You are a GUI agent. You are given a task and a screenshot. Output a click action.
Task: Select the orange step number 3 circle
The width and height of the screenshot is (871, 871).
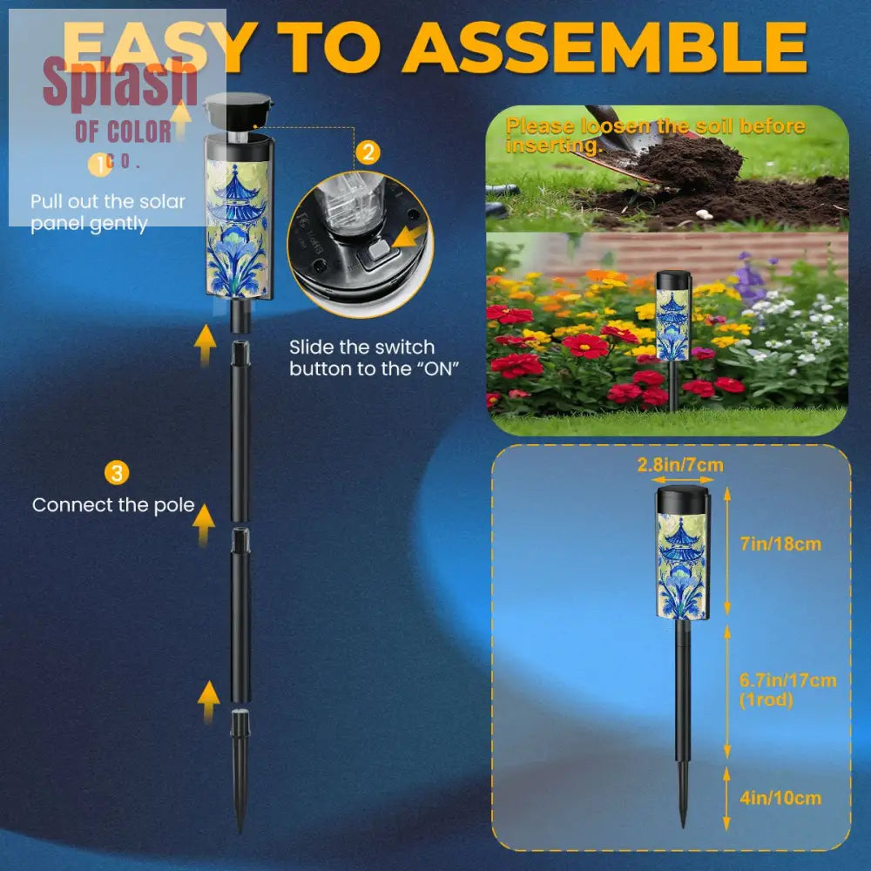[x=117, y=473]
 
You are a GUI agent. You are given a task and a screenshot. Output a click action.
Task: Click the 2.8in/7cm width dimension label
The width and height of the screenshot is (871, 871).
[x=680, y=464]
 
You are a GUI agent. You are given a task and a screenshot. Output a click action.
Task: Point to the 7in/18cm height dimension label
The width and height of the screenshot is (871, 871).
[x=780, y=544]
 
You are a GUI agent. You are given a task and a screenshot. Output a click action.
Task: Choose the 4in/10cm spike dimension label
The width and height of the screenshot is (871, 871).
[x=780, y=798]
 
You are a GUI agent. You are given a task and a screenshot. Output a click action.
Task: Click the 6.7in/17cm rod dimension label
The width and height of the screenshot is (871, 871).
[x=787, y=689]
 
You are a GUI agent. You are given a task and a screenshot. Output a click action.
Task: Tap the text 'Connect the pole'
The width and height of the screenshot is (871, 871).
[x=113, y=505]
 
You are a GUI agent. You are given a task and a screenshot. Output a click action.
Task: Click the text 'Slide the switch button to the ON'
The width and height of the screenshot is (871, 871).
[x=375, y=358]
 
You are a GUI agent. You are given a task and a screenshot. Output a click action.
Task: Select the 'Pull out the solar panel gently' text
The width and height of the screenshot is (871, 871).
[x=108, y=213]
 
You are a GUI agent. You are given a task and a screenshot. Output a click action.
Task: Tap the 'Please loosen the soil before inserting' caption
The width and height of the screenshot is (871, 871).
[x=656, y=135]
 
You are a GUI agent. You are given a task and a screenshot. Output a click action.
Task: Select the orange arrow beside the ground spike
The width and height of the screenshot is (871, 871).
[x=208, y=701]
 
